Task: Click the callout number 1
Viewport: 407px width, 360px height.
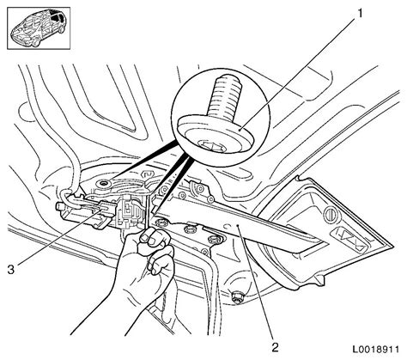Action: coord(360,14)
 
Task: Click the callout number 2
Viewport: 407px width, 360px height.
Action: coord(275,347)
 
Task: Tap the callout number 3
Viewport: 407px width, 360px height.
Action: coord(10,270)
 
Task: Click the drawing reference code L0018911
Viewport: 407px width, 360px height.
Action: coord(376,350)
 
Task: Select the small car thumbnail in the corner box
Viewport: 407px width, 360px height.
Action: coord(39,28)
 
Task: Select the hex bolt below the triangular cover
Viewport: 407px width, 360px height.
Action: coord(237,297)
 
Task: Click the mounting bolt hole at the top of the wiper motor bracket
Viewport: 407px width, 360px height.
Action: coord(103,183)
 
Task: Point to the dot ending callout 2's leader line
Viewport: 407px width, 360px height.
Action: coord(238,226)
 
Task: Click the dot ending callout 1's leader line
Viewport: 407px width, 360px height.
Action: coord(240,131)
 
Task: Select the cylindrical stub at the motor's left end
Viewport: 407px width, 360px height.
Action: coord(60,207)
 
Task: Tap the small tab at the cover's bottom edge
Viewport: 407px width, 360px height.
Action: coord(319,281)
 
